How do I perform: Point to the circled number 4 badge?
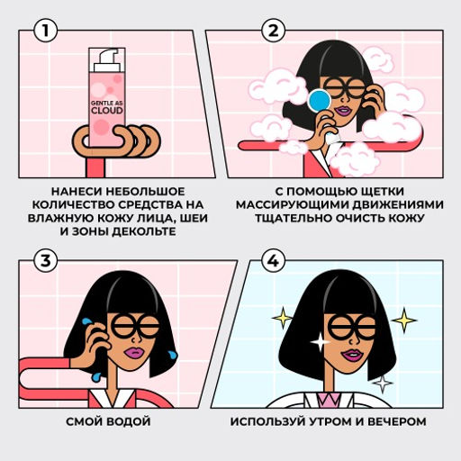click(272, 261)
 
